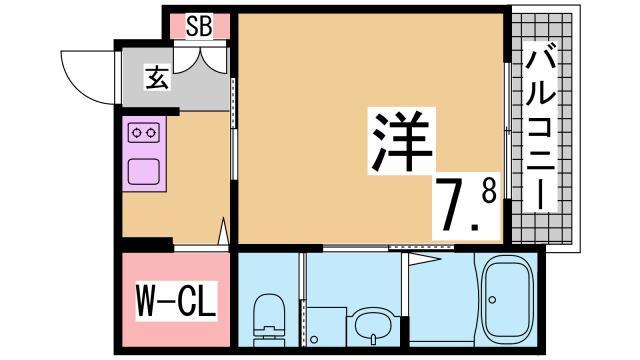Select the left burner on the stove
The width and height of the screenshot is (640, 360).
(x=137, y=131)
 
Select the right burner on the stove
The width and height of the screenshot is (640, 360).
(x=153, y=131)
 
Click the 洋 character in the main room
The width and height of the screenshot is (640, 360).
(x=402, y=141)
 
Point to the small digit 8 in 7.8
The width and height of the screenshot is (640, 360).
(x=488, y=192)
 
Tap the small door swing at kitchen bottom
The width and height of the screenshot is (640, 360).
(x=221, y=234)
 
